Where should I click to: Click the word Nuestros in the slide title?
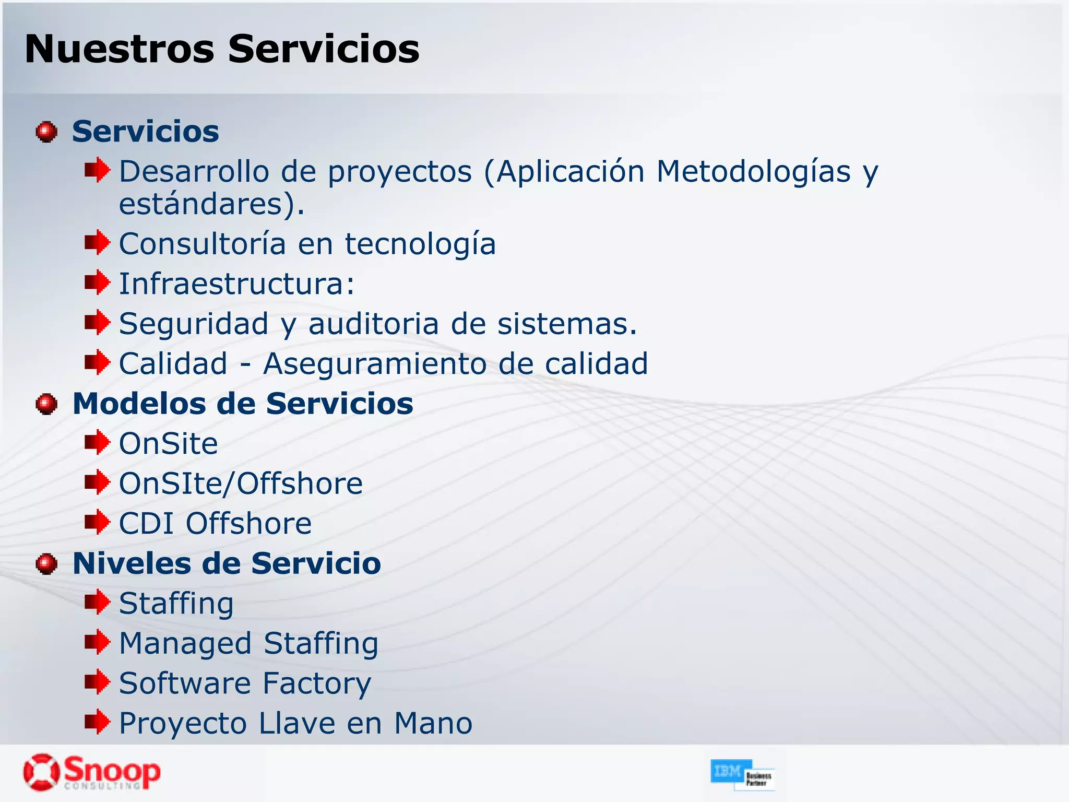coord(119,49)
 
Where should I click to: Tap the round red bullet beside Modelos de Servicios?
coord(46,404)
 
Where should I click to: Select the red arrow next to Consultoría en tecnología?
coord(97,243)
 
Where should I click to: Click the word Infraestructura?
coord(237,284)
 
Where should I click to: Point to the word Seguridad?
coord(194,324)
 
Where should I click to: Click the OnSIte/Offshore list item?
coord(241,484)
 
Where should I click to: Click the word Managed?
coord(185,644)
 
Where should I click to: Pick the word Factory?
coord(317,683)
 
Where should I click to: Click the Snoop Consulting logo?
coord(92,772)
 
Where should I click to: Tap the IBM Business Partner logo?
coord(742,774)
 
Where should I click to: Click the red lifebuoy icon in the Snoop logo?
coord(41,772)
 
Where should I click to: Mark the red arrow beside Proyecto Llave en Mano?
coord(97,722)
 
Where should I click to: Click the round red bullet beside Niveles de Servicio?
coord(46,564)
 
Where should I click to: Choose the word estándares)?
coord(211,204)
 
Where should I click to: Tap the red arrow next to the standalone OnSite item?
coord(97,443)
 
